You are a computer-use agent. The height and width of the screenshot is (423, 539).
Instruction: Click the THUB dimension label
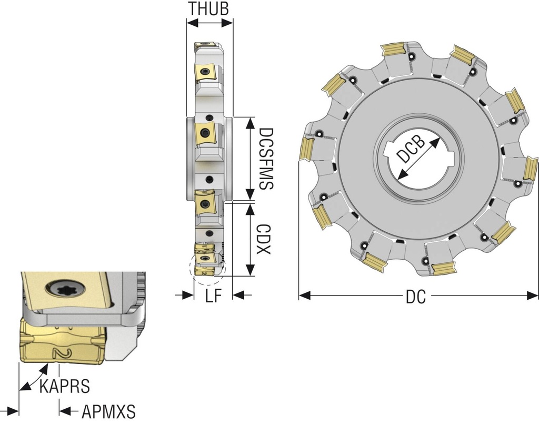pos(209,8)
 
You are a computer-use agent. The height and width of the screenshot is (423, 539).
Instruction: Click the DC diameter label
pos(416,298)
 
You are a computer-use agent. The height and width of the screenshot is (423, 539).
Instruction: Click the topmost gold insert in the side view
pos(206,46)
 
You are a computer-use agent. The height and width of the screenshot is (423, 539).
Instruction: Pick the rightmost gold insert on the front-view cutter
pos(531,169)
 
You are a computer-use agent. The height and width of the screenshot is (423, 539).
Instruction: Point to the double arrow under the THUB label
pos(209,23)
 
